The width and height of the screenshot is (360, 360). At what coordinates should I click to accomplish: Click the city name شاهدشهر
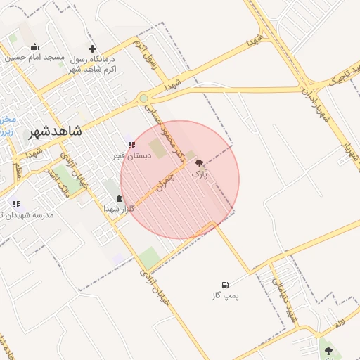pyautogui.click(x=56, y=131)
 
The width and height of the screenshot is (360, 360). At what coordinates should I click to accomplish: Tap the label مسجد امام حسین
pyautogui.click(x=35, y=57)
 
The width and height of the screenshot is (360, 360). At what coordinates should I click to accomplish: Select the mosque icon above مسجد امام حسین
pyautogui.click(x=35, y=47)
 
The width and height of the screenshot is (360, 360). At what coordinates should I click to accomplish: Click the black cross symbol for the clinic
pyautogui.click(x=92, y=49)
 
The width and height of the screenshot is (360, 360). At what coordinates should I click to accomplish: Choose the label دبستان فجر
pyautogui.click(x=131, y=155)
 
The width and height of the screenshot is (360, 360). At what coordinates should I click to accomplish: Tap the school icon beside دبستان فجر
pyautogui.click(x=131, y=145)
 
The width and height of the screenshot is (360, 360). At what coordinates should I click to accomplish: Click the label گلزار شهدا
pyautogui.click(x=118, y=209)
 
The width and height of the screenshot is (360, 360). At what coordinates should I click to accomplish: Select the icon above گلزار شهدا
pyautogui.click(x=118, y=199)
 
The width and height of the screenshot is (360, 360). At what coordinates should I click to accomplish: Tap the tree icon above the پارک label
pyautogui.click(x=199, y=162)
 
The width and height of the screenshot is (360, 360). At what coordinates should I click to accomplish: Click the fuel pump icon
pyautogui.click(x=225, y=285)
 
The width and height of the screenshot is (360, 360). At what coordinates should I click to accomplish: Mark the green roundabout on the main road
pyautogui.click(x=143, y=98)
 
